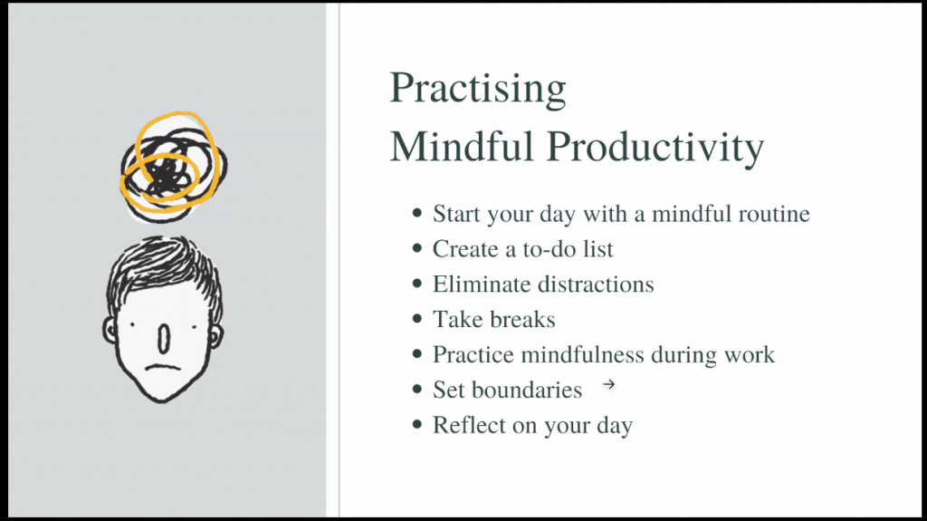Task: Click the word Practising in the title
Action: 478,89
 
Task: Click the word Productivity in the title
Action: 655,146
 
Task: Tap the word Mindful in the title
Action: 463,145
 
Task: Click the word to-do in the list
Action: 550,249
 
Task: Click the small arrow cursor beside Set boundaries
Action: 609,385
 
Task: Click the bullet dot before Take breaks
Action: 417,319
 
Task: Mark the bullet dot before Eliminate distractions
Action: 417,284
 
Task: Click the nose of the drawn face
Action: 164,338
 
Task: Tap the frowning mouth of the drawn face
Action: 163,367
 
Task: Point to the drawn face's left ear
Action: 110,333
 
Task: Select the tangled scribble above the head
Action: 173,167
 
